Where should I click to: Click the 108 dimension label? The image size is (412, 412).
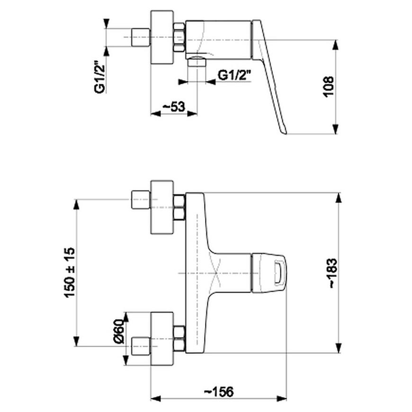pyautogui.click(x=329, y=87)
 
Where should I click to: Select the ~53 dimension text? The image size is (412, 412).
pyautogui.click(x=174, y=107)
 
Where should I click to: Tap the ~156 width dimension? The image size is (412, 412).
pyautogui.click(x=219, y=392)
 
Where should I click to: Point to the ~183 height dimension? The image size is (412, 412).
pyautogui.click(x=333, y=273)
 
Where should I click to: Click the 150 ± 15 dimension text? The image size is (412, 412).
pyautogui.click(x=69, y=272)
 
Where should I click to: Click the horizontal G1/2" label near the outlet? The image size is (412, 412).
pyautogui.click(x=234, y=76)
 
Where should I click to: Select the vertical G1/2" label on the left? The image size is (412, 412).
pyautogui.click(x=100, y=77)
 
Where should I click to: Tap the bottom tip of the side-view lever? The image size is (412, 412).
pyautogui.click(x=285, y=134)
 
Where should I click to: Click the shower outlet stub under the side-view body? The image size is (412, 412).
pyautogui.click(x=197, y=62)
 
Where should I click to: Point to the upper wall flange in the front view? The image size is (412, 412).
pyautogui.click(x=162, y=207)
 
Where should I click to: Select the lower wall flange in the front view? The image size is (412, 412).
pyautogui.click(x=162, y=339)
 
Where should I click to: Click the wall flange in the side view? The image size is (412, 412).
pyautogui.click(x=162, y=37)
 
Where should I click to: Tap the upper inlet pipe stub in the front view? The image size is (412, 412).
pyautogui.click(x=141, y=200)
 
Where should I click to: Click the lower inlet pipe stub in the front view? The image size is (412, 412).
pyautogui.click(x=141, y=346)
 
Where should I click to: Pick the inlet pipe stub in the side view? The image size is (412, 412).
pyautogui.click(x=141, y=37)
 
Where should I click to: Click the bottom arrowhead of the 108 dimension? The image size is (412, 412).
pyautogui.click(x=335, y=129)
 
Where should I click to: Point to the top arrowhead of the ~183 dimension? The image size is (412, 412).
pyautogui.click(x=339, y=197)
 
